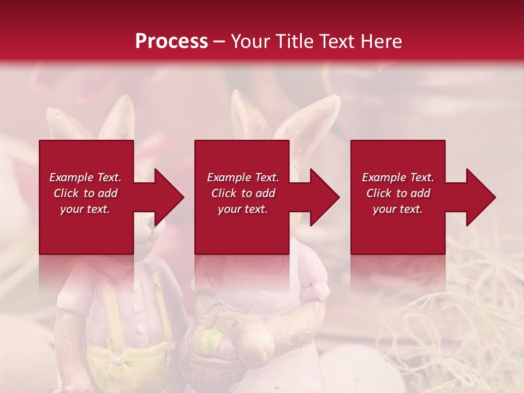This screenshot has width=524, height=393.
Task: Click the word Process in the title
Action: click(x=171, y=41)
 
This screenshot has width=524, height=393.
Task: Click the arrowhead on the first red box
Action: click(x=166, y=197)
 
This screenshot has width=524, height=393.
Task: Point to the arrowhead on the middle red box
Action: click(x=323, y=197)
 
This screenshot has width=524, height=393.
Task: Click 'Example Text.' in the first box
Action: click(x=85, y=177)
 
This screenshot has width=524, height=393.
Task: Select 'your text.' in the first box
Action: click(x=85, y=209)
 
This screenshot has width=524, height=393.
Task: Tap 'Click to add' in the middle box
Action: click(x=243, y=193)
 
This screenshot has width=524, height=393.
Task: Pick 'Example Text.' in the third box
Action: click(x=398, y=177)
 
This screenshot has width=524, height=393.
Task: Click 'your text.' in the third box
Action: click(x=398, y=209)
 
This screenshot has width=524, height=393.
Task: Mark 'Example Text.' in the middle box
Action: click(x=243, y=177)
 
